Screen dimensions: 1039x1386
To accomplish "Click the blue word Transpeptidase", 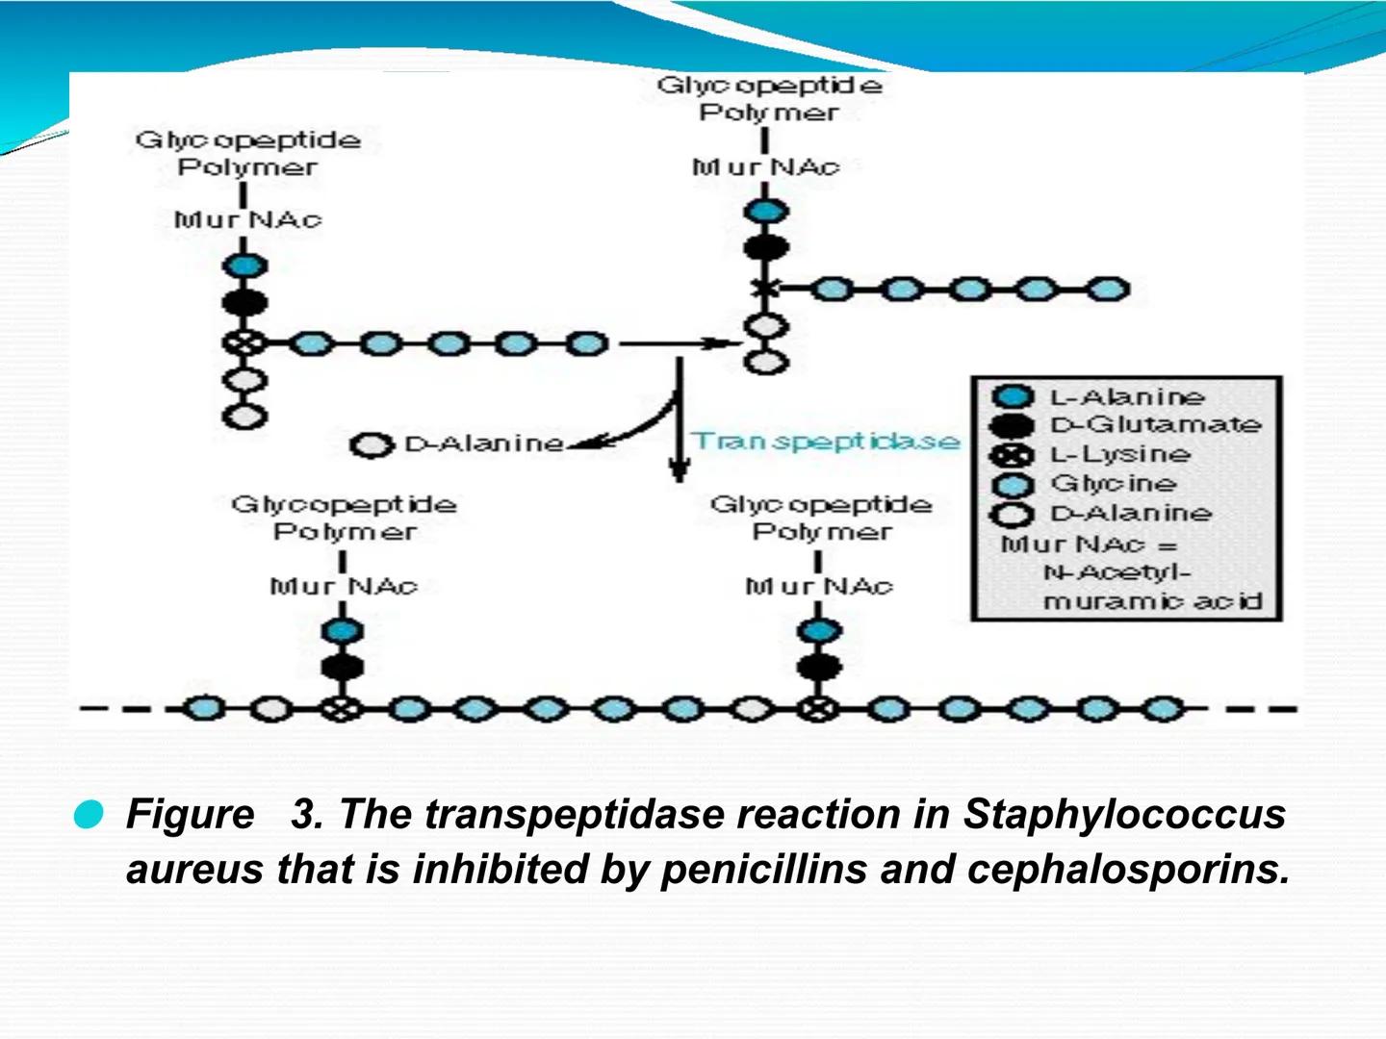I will pos(826,441).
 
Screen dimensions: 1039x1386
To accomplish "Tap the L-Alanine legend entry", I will pos(1126,396).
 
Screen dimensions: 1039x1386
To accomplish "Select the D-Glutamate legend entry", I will pos(1154,424).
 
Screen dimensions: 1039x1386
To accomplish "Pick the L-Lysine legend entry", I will pos(1119,454).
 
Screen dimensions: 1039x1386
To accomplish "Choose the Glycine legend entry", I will pos(1113,483).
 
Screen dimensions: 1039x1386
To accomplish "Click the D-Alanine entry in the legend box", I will pos(1130,513).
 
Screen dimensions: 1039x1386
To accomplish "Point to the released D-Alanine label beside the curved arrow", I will pos(483,443).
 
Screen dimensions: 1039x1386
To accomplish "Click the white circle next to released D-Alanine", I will pos(372,445).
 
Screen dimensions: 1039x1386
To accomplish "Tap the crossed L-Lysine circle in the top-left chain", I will pos(244,342).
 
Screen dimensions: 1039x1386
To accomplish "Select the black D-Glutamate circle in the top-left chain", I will pos(244,303).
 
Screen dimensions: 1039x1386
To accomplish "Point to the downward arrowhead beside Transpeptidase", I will pos(680,470).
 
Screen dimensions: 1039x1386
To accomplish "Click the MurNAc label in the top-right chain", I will pos(765,167).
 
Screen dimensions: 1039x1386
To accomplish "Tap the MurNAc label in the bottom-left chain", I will pos(344,586).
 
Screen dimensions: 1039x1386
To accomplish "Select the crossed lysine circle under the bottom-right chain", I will pos(816,709).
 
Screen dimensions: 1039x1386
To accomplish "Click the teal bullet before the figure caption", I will pos(89,815).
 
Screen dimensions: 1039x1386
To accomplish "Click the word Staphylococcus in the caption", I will pos(1123,814).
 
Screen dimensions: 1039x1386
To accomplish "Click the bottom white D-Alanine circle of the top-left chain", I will pos(244,417).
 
